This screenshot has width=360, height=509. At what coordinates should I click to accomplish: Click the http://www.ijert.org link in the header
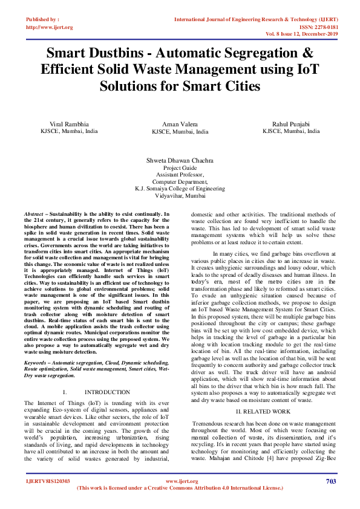[x=50, y=27]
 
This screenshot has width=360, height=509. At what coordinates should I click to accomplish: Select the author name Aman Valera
[x=180, y=123]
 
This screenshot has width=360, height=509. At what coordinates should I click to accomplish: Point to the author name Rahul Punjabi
[x=291, y=123]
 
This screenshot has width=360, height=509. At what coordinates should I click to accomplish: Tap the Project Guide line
[x=180, y=168]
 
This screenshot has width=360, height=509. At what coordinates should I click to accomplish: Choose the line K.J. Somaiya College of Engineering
[x=180, y=189]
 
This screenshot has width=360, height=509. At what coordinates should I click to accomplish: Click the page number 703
[x=330, y=481]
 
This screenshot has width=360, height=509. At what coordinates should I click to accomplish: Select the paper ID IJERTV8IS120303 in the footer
[x=47, y=482]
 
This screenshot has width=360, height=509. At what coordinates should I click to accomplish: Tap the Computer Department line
[x=180, y=181]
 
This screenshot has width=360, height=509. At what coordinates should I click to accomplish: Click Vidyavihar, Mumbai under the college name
[x=180, y=196]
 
